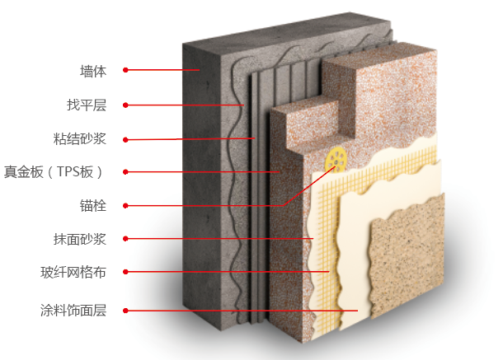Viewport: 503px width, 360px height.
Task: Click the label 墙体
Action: point(93,71)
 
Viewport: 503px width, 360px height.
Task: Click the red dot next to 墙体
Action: point(125,70)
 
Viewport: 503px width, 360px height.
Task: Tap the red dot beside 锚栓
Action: point(125,204)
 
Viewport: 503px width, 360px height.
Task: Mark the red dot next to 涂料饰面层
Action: point(125,311)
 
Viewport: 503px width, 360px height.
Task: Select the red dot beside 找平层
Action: point(125,105)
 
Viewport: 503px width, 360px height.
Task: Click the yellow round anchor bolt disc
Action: point(336,157)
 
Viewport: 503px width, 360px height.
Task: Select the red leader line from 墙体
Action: point(165,70)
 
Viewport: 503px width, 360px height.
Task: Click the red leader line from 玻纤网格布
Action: point(231,271)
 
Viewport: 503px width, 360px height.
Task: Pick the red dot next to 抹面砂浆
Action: point(125,239)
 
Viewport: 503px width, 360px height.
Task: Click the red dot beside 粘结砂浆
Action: point(125,138)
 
